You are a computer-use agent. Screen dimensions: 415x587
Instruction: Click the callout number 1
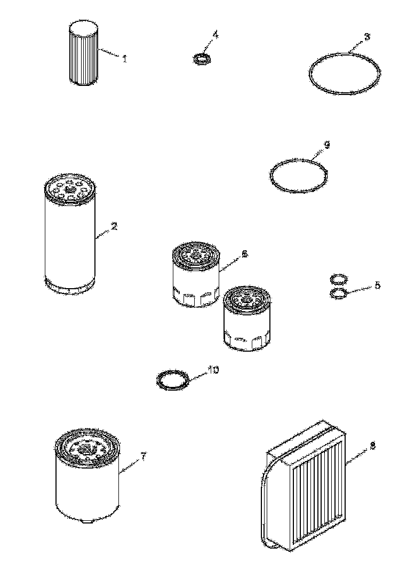125,58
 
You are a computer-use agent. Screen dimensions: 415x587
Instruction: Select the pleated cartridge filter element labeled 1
84,52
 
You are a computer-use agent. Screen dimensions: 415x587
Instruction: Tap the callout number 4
215,35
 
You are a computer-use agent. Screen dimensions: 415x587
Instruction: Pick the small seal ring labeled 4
202,59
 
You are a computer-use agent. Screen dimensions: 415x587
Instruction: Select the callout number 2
114,226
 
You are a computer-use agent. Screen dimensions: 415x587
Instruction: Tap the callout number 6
244,254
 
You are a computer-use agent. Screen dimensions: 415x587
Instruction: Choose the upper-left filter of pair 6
196,274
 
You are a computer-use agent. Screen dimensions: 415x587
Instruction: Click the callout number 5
377,285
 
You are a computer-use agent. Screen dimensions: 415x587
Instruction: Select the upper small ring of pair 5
339,279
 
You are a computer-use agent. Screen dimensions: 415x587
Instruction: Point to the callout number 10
213,370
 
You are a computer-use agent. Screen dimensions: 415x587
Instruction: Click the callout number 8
372,446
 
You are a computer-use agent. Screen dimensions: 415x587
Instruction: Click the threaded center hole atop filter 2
69,190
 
